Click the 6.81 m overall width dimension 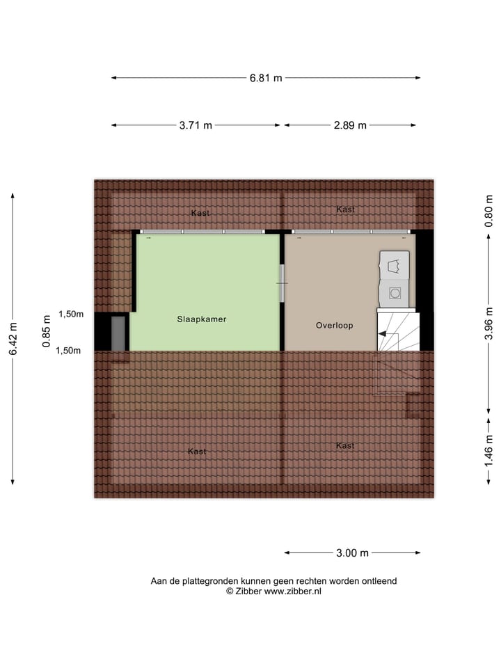click(266, 78)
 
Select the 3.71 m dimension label click(196, 125)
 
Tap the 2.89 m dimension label click(350, 125)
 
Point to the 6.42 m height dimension click(13, 339)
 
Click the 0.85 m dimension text click(46, 333)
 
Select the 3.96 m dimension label click(489, 323)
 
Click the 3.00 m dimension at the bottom click(352, 553)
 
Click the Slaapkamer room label click(201, 319)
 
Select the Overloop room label click(334, 325)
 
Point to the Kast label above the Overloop click(345, 209)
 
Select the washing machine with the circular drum click(395, 293)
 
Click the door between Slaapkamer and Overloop click(282, 283)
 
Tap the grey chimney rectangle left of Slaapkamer click(118, 333)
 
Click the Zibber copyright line click(273, 591)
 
